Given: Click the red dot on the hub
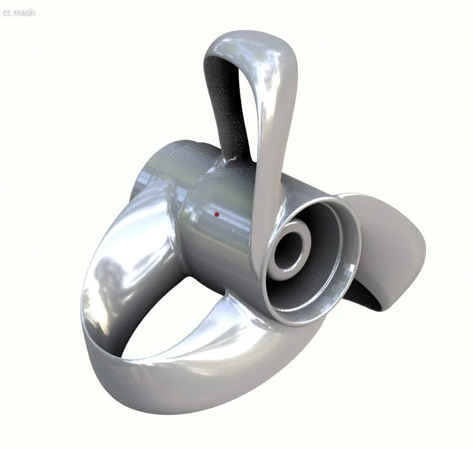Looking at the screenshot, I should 217,214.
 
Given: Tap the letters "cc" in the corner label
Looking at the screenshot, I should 7,12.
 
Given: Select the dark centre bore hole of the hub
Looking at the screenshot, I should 290,246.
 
